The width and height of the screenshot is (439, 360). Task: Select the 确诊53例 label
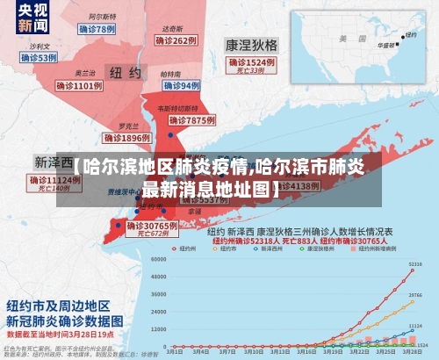(35, 58)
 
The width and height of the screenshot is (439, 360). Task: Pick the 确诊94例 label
(182, 85)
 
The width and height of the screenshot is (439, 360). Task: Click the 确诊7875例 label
(191, 119)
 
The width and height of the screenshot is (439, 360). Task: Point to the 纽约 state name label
(123, 71)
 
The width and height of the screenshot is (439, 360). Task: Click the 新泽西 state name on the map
(53, 162)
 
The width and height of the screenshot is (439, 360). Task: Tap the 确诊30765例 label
(151, 226)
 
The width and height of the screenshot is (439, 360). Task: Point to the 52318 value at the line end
(415, 263)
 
